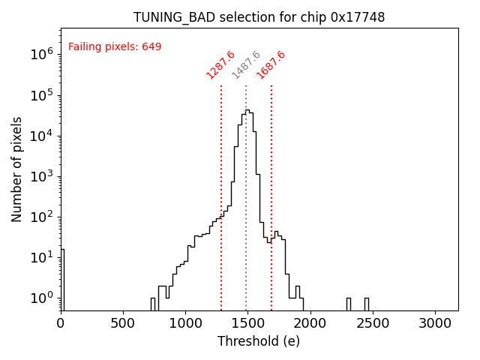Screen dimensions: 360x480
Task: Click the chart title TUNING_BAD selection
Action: (259, 17)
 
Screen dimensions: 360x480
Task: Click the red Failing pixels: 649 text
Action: (115, 46)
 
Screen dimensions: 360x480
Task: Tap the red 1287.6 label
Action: (220, 64)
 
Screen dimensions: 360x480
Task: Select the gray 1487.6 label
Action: (246, 64)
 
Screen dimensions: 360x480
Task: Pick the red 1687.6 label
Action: (271, 64)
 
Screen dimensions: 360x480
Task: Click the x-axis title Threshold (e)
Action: (259, 341)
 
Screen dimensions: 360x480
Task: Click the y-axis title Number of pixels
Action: (17, 169)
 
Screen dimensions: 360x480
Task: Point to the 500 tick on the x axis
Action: (123, 322)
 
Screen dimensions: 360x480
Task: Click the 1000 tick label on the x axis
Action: (185, 322)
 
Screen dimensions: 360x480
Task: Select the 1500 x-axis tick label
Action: (247, 322)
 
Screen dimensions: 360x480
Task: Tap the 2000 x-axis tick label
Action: (310, 322)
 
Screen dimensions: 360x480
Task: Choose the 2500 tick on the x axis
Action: (372, 322)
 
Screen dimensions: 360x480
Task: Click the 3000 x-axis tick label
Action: (434, 322)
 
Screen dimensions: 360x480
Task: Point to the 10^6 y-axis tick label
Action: (41, 54)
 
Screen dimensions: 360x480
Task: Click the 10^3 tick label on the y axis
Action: (41, 176)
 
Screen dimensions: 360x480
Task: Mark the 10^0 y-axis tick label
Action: (41, 298)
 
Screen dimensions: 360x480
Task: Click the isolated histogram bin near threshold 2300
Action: (349, 304)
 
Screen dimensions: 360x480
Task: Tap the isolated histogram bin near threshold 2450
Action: (367, 304)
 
